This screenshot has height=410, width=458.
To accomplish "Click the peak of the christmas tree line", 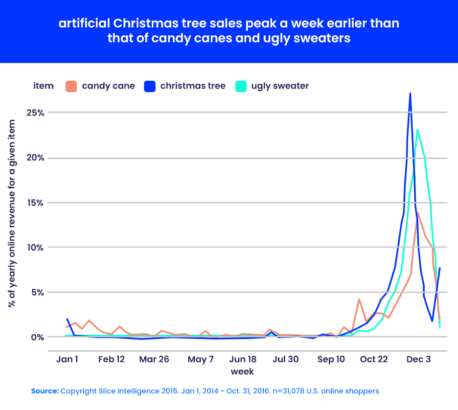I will (x=410, y=93).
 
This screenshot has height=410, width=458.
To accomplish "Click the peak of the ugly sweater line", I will (x=417, y=130).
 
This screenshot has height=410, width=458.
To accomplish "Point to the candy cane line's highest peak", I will (x=418, y=213).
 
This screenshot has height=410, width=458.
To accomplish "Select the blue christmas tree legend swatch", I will (x=150, y=86).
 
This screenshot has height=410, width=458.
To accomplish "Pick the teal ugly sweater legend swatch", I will (x=241, y=86).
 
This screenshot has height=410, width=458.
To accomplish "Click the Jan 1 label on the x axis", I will (x=68, y=359).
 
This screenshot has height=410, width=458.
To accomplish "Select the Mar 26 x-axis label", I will (x=154, y=359).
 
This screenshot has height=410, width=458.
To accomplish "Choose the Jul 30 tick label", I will (x=286, y=359).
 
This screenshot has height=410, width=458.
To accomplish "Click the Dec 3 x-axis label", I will (x=418, y=359).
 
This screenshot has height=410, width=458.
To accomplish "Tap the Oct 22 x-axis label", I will (x=374, y=359).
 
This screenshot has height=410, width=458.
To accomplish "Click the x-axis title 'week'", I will (x=242, y=371).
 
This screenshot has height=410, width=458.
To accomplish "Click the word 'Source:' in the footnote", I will (x=45, y=391).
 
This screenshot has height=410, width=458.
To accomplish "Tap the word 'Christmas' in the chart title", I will (x=138, y=24).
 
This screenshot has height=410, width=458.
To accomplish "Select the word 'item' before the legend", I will (x=44, y=86).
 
